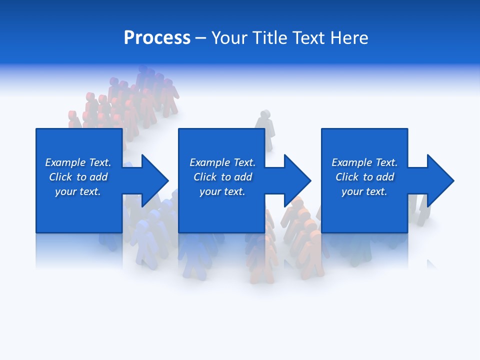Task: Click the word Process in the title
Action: pos(157,38)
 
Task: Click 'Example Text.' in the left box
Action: pos(78,162)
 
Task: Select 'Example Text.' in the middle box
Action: pos(222,162)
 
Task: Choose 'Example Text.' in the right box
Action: pos(364,162)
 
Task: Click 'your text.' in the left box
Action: pos(78,191)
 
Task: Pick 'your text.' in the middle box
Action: pos(222,191)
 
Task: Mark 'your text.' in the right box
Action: pos(364,191)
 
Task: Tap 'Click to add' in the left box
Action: pos(78,177)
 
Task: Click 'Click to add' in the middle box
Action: pos(222,177)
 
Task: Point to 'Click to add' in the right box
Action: pos(364,177)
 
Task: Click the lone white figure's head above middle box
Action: pos(264,115)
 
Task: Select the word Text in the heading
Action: pos(308,38)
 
